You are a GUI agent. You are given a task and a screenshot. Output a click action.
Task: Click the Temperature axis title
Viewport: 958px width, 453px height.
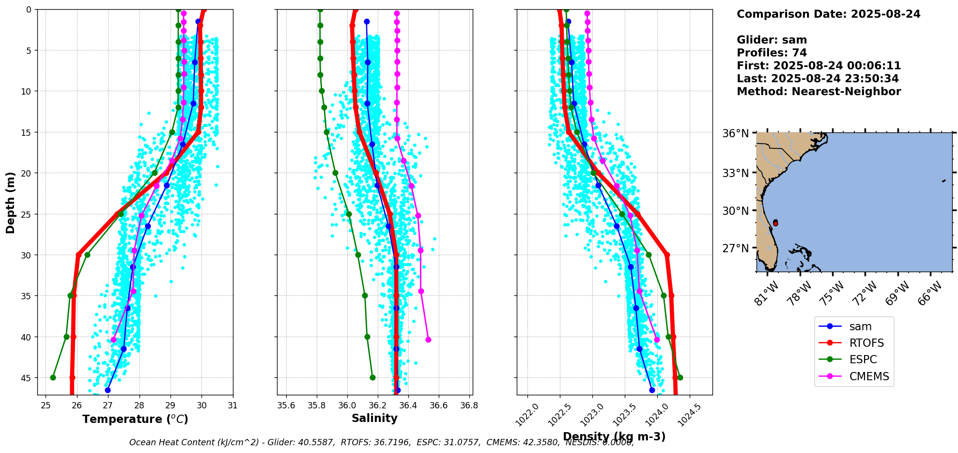[x=135, y=419]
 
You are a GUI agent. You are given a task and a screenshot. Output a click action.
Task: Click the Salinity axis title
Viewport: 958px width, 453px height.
[x=374, y=418]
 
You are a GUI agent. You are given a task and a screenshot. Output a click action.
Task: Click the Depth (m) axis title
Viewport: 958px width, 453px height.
[x=11, y=202]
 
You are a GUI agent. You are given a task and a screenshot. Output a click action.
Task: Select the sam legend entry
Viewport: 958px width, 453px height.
[x=860, y=327]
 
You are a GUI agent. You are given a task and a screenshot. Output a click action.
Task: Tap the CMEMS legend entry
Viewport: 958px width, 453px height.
[x=869, y=376]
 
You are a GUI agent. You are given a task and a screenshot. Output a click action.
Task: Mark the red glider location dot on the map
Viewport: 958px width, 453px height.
[x=775, y=223]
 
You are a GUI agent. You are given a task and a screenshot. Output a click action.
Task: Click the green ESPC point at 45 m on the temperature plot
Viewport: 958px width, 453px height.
[x=53, y=377]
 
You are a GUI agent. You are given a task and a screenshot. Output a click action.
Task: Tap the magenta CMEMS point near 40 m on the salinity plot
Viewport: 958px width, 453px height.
[x=428, y=340]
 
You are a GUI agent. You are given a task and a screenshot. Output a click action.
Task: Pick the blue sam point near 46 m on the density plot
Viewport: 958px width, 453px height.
[x=652, y=390]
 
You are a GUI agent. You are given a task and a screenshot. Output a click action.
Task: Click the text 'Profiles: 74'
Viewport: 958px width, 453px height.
[x=772, y=53]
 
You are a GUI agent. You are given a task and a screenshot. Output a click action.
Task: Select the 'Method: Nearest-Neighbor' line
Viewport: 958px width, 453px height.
[x=819, y=92]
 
